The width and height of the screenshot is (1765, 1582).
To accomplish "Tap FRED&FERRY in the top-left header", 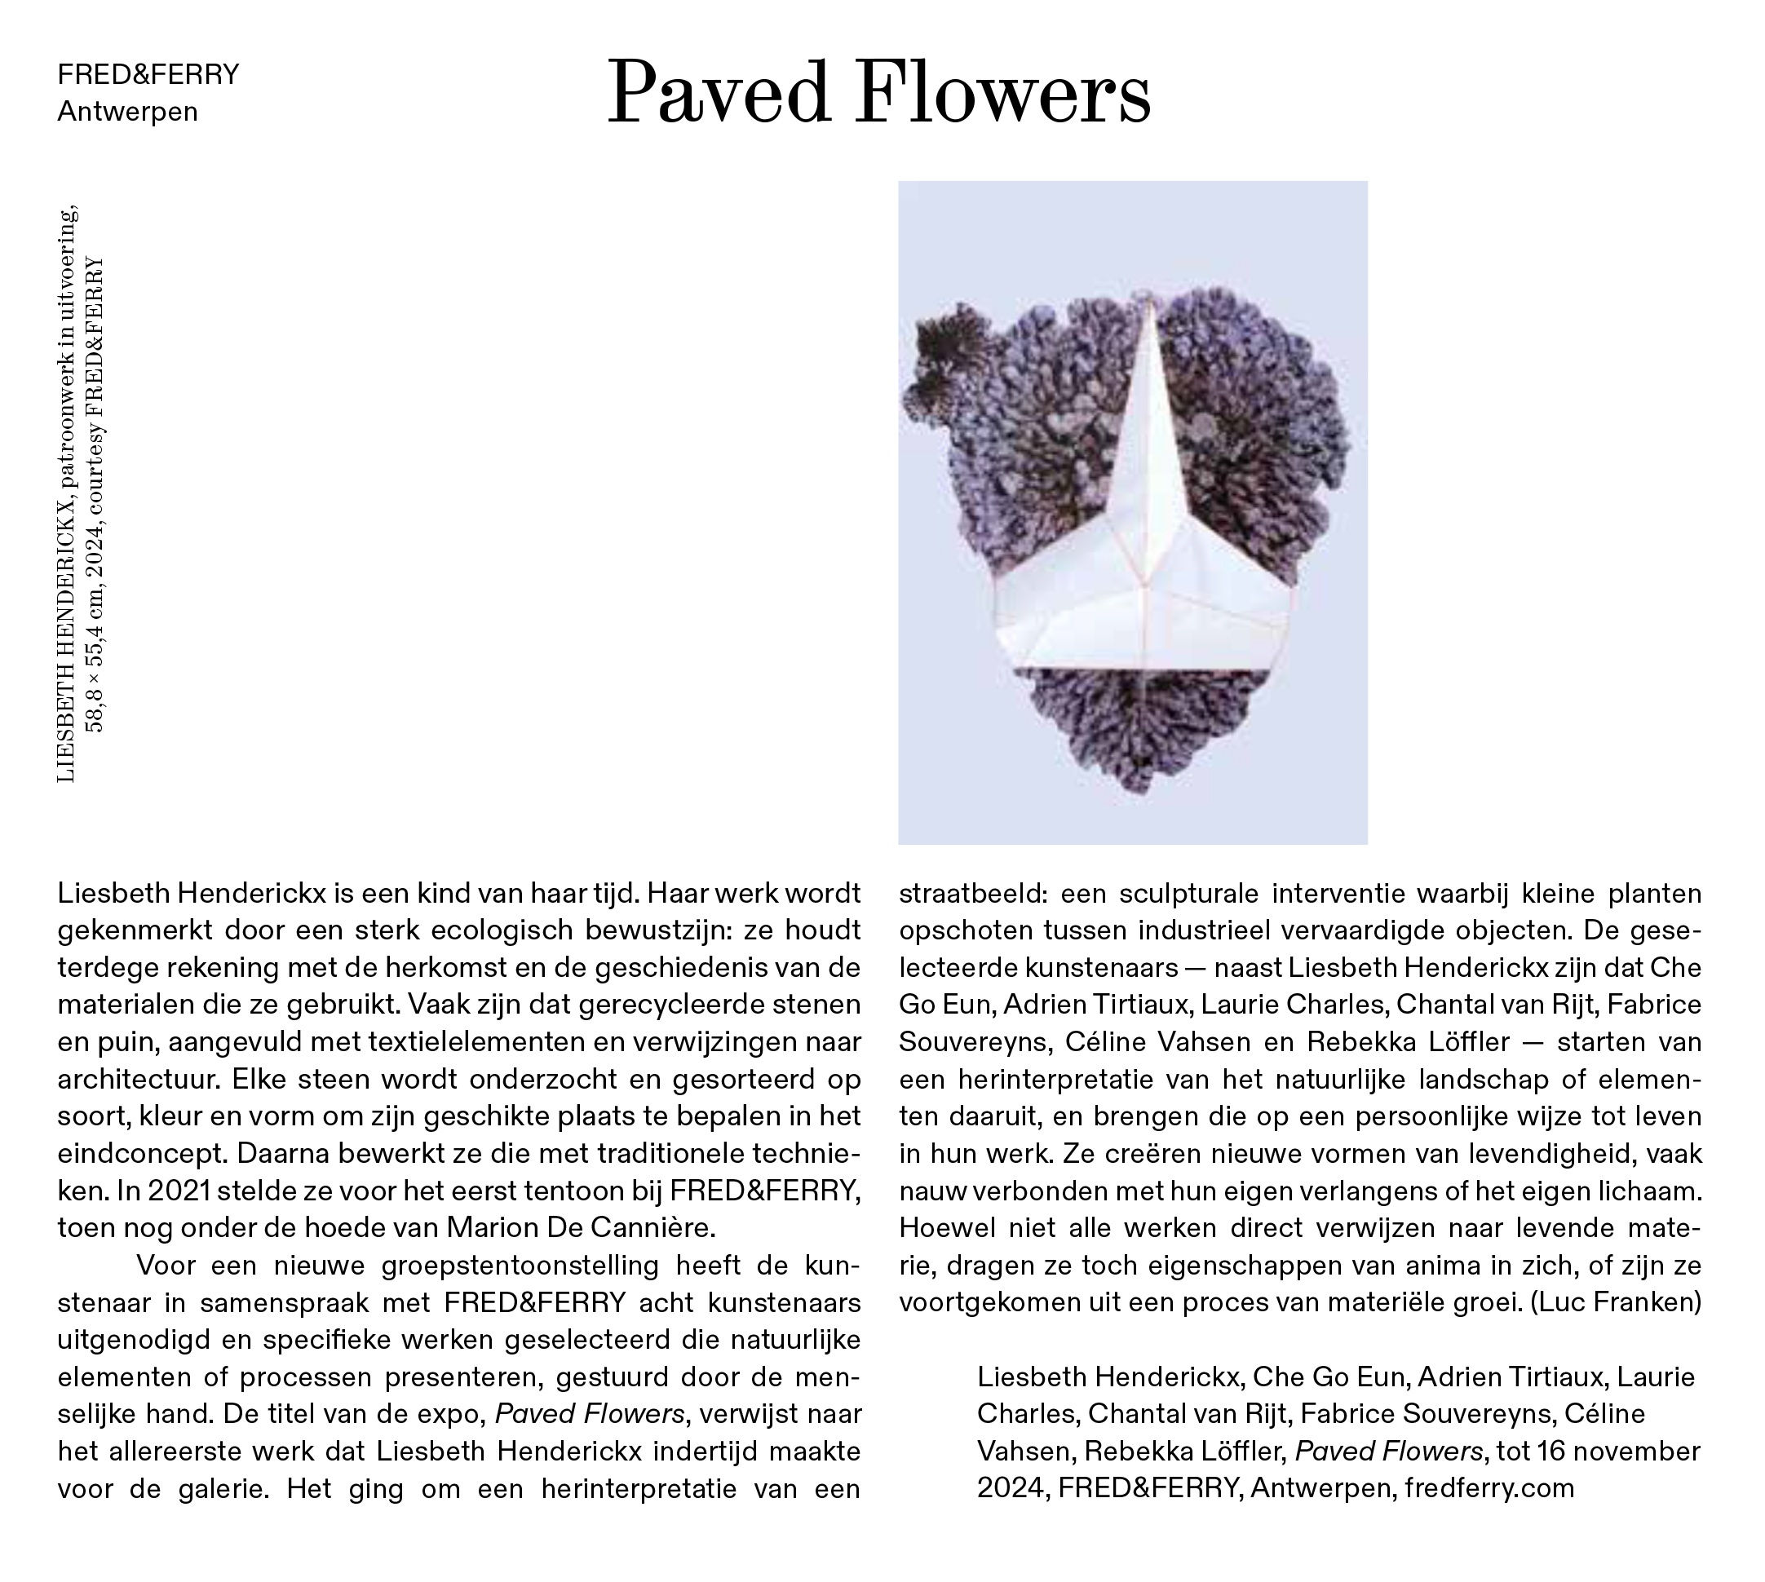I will click(x=148, y=75).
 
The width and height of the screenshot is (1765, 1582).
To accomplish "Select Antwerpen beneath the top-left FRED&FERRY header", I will click(x=128, y=113).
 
